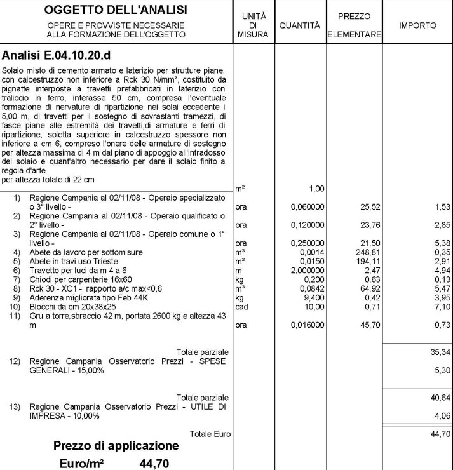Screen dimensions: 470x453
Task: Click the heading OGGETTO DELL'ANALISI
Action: pyautogui.click(x=116, y=11)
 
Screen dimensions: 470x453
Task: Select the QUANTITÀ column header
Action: pyautogui.click(x=299, y=25)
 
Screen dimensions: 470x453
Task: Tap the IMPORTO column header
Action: pyautogui.click(x=417, y=25)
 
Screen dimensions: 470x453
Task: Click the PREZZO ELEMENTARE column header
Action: pyautogui.click(x=354, y=25)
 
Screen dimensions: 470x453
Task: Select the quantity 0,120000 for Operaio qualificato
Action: pyautogui.click(x=308, y=225)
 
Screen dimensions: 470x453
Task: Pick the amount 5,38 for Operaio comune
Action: pyautogui.click(x=442, y=243)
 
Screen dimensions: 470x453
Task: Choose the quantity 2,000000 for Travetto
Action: pyautogui.click(x=308, y=270)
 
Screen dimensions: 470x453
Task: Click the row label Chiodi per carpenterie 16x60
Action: pyautogui.click(x=81, y=279)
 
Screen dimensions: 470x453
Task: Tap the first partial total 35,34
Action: pyautogui.click(x=440, y=352)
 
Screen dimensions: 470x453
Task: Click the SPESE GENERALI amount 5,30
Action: pyautogui.click(x=442, y=370)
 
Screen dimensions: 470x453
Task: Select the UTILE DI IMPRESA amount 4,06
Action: pyautogui.click(x=442, y=416)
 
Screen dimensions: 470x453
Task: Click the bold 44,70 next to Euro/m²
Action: pyautogui.click(x=154, y=464)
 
